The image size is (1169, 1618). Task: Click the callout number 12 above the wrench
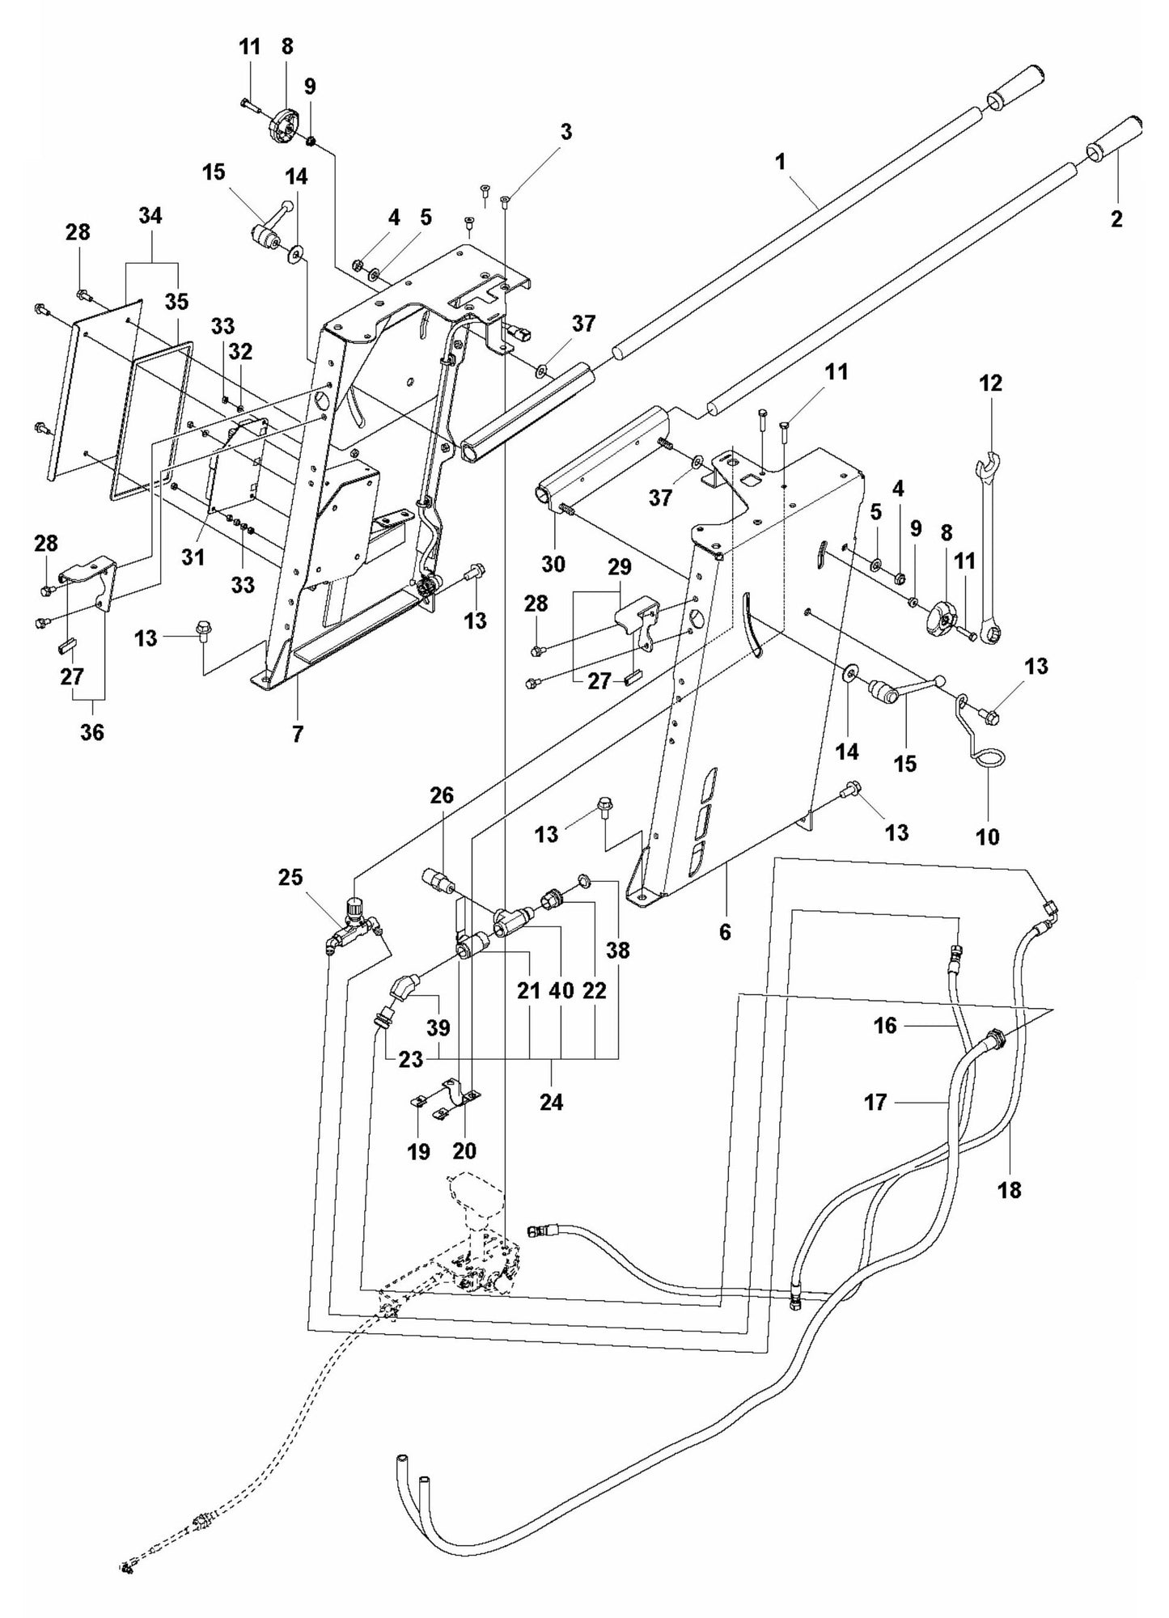point(990,383)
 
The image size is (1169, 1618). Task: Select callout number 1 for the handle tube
point(780,161)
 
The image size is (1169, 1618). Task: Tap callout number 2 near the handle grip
point(1116,218)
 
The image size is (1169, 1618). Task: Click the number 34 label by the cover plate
point(150,216)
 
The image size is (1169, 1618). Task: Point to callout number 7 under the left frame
point(298,735)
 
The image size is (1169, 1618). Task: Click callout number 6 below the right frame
point(725,932)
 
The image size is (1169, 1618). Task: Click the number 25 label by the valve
point(290,876)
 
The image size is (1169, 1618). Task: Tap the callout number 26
point(442,796)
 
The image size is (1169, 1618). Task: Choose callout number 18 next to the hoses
point(1010,1189)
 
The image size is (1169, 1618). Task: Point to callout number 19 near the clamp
point(418,1151)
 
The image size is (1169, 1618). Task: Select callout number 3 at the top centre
point(566,132)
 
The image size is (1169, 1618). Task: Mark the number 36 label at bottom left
point(92,731)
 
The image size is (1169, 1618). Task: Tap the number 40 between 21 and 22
point(561,990)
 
